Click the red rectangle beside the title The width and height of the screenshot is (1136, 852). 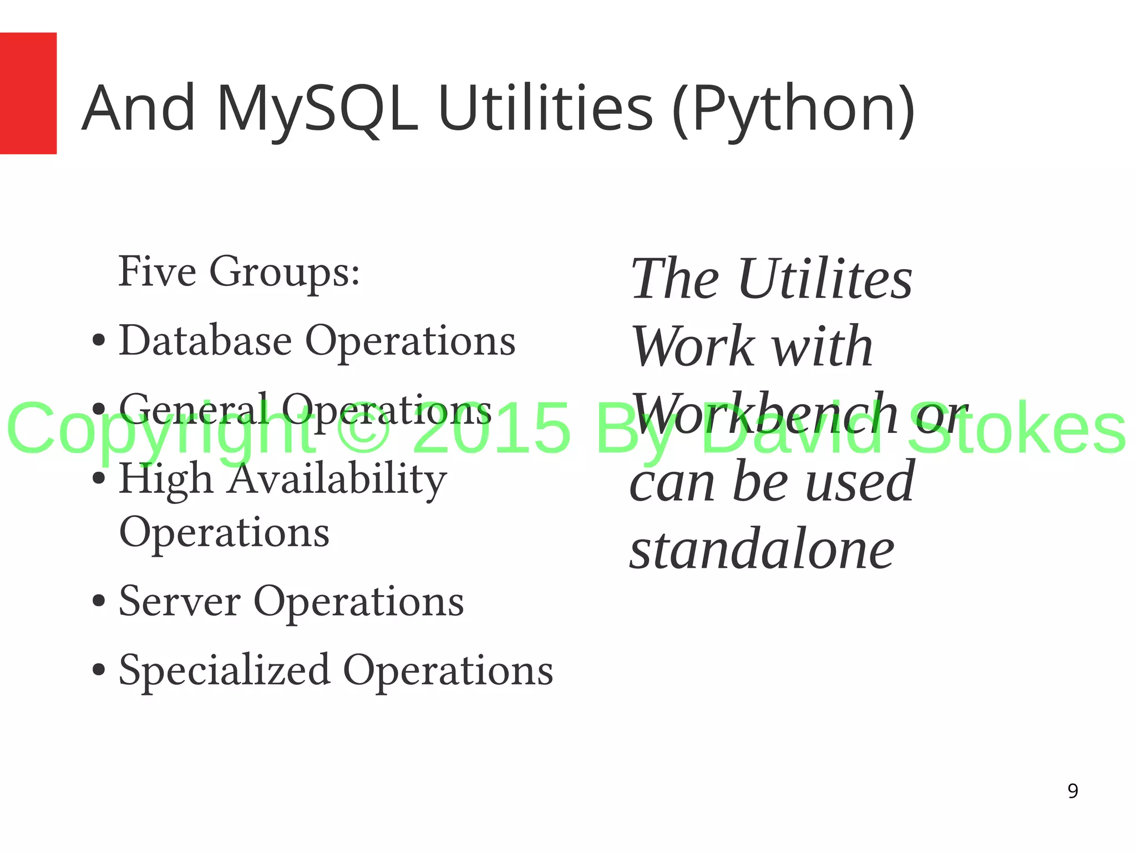click(28, 93)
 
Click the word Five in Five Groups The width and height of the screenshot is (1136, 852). click(157, 271)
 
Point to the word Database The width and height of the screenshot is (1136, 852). click(205, 340)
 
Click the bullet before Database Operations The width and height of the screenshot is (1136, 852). click(99, 340)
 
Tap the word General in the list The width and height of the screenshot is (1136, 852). click(194, 409)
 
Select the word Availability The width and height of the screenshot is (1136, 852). click(338, 478)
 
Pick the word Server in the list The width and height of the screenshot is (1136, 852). click(180, 601)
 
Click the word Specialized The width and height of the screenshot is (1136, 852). click(225, 670)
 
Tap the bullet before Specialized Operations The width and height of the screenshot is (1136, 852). click(99, 670)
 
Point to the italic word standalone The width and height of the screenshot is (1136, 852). click(762, 549)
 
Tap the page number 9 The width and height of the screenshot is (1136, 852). click(1073, 791)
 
